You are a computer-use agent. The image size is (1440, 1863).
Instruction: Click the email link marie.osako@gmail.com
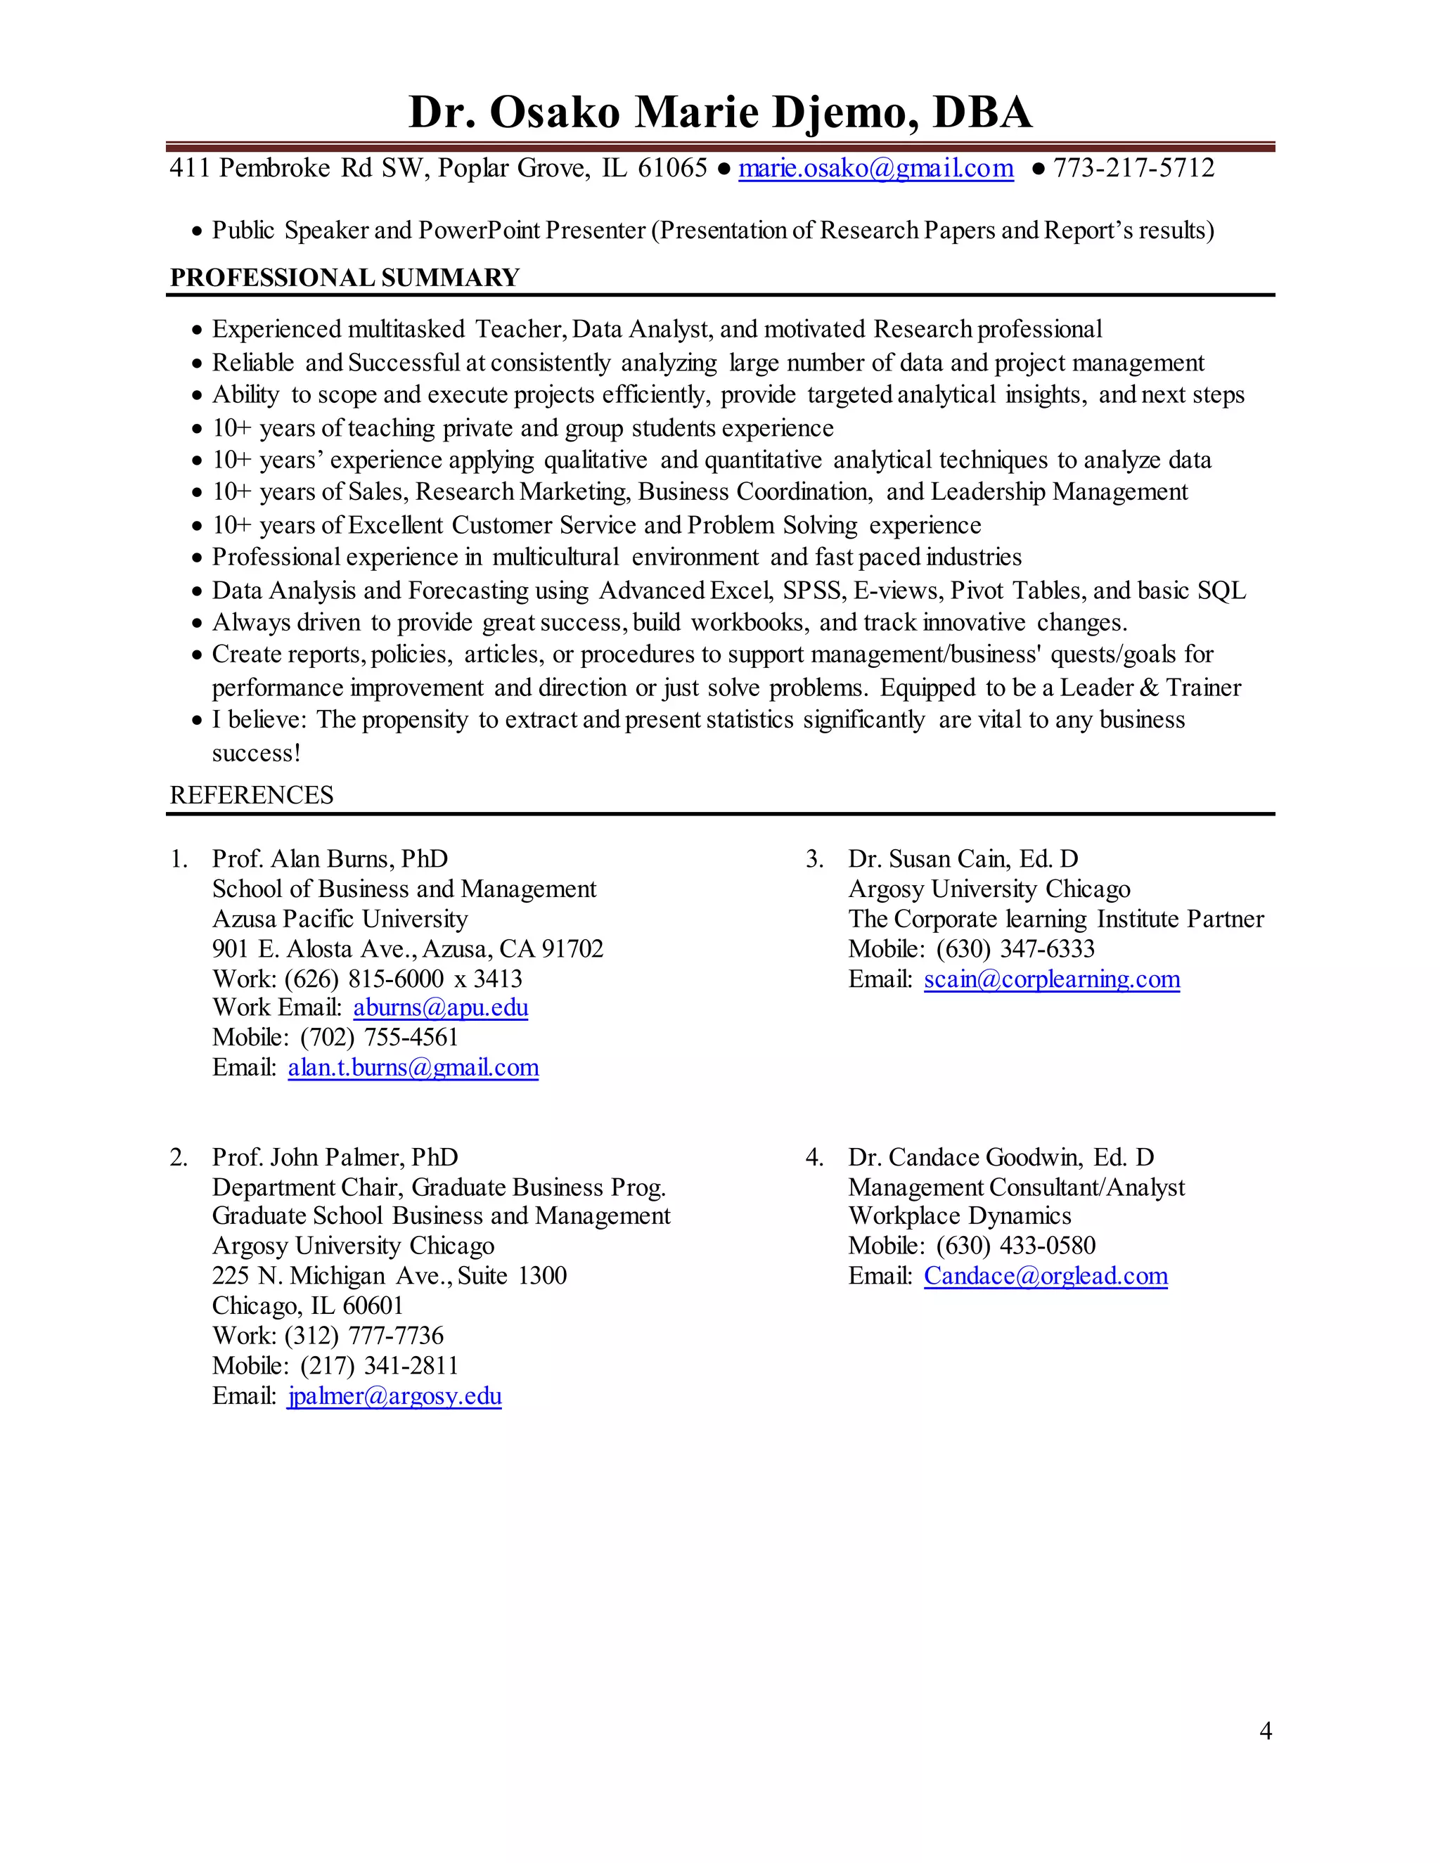click(875, 168)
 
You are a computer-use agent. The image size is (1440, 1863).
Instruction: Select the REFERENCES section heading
click(252, 795)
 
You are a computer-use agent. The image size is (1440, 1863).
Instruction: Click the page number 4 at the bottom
click(1265, 1730)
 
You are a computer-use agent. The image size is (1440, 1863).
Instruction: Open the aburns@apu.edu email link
click(440, 1007)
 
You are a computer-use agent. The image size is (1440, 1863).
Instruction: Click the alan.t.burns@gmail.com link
click(413, 1067)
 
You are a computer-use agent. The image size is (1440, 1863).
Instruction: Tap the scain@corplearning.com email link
click(1051, 979)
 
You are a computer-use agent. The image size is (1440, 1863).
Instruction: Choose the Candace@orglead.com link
click(1045, 1275)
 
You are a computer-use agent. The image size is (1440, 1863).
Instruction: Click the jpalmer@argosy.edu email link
click(394, 1395)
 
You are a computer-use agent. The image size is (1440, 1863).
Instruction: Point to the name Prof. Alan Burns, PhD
click(330, 858)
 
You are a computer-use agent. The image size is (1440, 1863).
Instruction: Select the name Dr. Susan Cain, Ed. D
click(963, 858)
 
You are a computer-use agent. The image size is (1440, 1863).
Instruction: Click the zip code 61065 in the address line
click(672, 168)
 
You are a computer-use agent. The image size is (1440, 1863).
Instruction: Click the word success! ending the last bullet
click(256, 753)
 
